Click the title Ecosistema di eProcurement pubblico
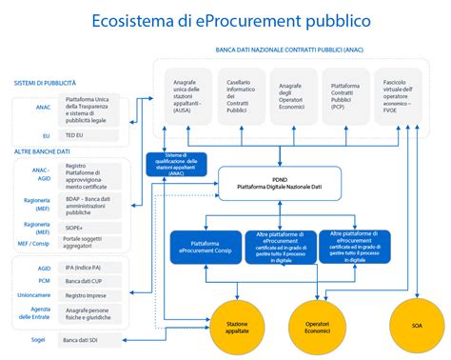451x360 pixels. click(x=225, y=20)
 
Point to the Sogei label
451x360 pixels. click(x=38, y=339)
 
